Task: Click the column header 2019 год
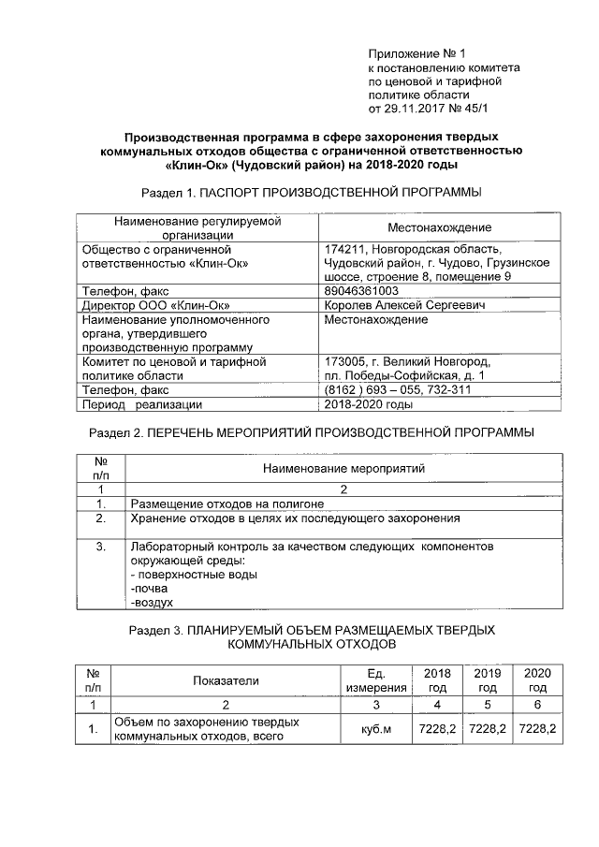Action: (487, 680)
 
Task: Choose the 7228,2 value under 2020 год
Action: (537, 728)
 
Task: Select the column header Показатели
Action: (226, 680)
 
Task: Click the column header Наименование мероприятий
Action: (344, 467)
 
